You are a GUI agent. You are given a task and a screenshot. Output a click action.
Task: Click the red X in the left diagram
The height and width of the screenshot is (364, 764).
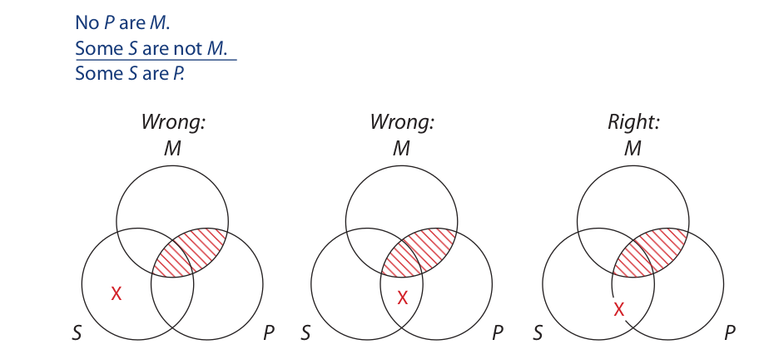tap(117, 293)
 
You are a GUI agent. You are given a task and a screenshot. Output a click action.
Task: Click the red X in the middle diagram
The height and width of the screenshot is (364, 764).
tap(403, 297)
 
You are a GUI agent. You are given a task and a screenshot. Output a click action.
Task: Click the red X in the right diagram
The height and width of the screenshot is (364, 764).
tap(619, 309)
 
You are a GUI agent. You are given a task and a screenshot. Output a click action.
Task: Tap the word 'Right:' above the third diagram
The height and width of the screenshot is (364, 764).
tap(633, 124)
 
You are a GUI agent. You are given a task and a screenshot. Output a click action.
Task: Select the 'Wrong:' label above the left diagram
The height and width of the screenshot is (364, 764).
tap(173, 124)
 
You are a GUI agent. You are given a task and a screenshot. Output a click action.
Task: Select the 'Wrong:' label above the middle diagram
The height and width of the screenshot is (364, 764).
tap(402, 124)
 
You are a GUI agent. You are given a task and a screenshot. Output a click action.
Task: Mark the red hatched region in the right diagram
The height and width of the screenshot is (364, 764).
tap(652, 251)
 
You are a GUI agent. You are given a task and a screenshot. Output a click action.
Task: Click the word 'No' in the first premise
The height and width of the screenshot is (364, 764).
tap(87, 24)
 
